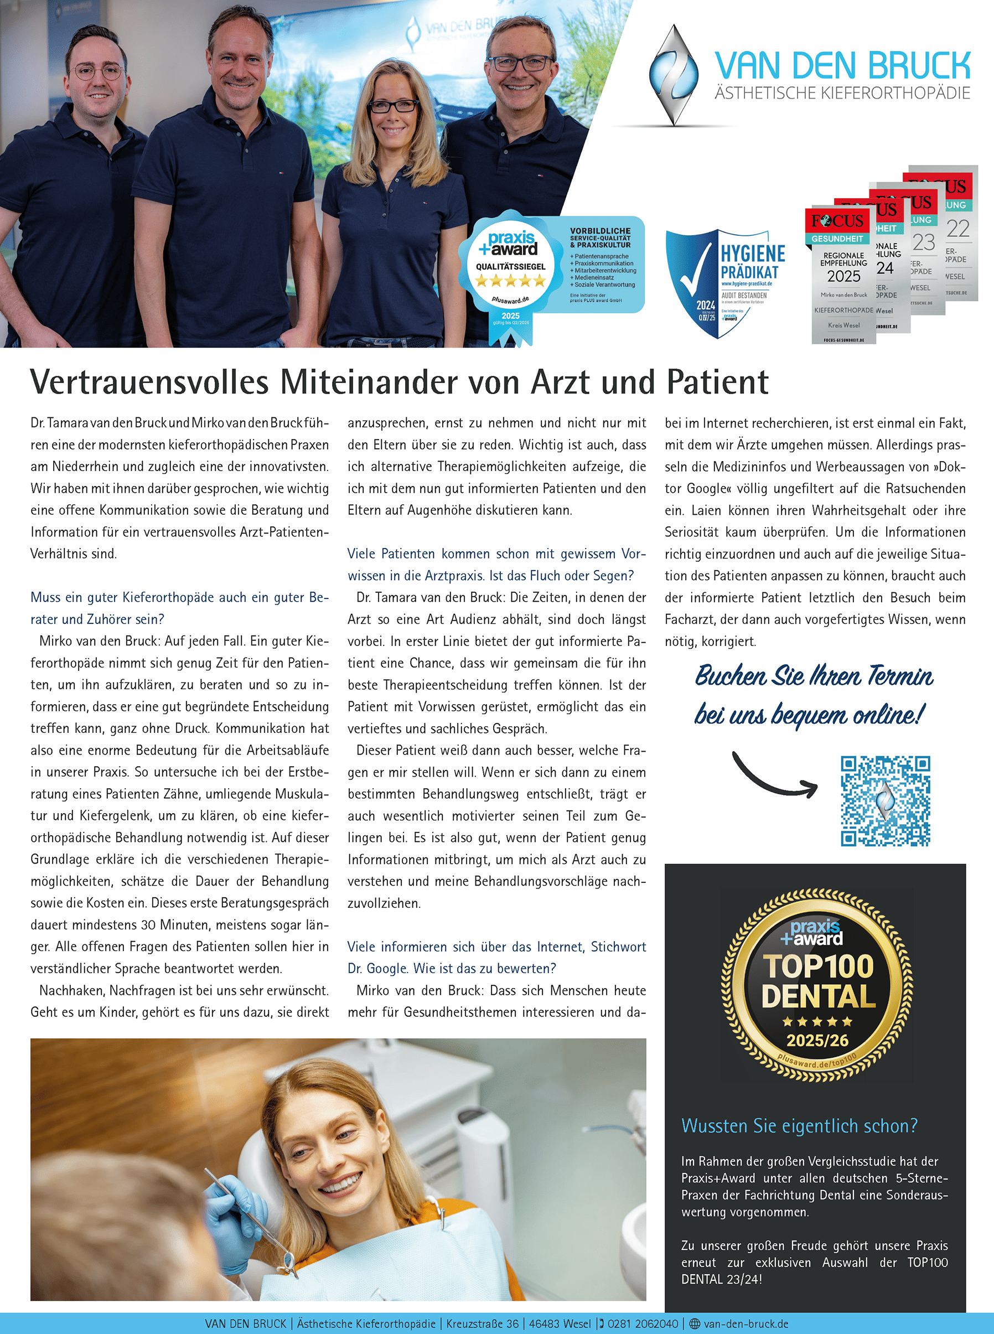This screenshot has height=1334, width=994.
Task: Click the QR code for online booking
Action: (885, 801)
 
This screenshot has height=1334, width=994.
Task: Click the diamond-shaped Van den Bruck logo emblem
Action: (675, 75)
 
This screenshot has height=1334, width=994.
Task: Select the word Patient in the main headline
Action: (717, 382)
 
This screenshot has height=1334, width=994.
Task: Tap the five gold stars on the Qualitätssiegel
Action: (510, 281)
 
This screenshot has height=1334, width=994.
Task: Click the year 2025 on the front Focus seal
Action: (843, 276)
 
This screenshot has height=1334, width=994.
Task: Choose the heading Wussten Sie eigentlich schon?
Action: (799, 1126)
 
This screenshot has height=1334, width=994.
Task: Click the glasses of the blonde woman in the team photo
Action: (393, 106)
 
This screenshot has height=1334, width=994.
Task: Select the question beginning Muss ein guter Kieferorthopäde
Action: (179, 608)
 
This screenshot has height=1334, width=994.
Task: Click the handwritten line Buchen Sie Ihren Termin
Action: (814, 676)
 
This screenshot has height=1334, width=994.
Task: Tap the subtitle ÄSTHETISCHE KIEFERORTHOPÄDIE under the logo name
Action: (842, 93)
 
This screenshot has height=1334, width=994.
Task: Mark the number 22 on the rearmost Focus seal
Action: (957, 229)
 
